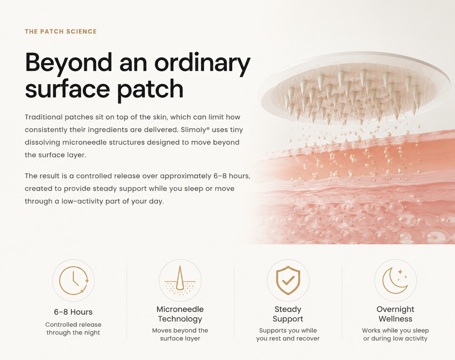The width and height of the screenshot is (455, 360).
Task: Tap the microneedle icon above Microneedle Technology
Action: tap(180, 280)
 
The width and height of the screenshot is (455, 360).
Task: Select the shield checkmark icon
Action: tap(288, 280)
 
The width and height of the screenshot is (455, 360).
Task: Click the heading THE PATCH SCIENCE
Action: tap(61, 31)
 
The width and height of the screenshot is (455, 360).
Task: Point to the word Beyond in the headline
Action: tap(69, 63)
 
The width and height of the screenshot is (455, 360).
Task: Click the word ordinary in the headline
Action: tap(202, 63)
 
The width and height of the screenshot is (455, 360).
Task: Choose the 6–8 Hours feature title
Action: tap(73, 312)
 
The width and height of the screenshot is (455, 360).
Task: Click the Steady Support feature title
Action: tap(288, 314)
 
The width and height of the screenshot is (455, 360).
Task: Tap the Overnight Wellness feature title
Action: tap(395, 314)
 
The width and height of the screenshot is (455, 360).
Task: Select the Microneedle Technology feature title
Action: tap(180, 314)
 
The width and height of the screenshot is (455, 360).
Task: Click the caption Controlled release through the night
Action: tap(73, 329)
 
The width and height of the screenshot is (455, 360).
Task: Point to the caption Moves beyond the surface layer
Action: tap(180, 335)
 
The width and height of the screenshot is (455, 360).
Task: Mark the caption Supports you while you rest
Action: tap(288, 335)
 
